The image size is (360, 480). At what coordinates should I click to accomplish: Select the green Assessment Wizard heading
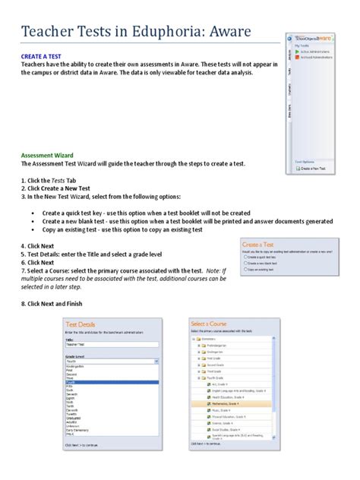pyautogui.click(x=51, y=154)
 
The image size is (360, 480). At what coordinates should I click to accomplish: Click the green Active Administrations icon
pyautogui.click(x=297, y=52)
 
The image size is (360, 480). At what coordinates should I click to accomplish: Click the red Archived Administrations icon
pyautogui.click(x=297, y=58)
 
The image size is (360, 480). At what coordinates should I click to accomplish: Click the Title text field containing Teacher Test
pyautogui.click(x=110, y=343)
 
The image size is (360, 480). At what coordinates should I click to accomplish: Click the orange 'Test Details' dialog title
pyautogui.click(x=84, y=324)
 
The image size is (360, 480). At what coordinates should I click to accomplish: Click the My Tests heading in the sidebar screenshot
pyautogui.click(x=302, y=45)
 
